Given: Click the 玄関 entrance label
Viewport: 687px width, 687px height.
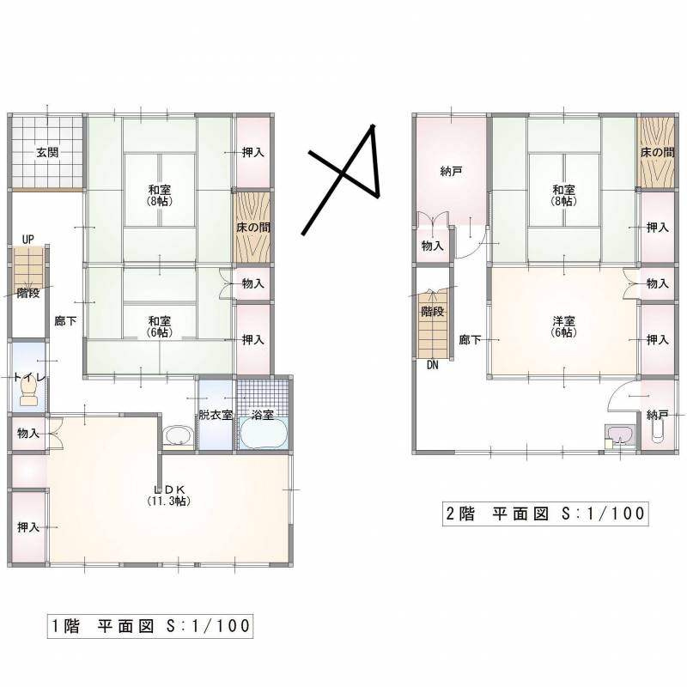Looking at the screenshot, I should click(x=47, y=153).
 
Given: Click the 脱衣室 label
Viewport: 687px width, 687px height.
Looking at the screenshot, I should click(x=215, y=415).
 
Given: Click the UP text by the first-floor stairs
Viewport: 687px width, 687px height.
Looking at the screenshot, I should click(x=28, y=238).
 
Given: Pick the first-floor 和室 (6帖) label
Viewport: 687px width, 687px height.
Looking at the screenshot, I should click(x=158, y=326).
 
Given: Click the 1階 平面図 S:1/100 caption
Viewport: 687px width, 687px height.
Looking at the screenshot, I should click(x=149, y=625).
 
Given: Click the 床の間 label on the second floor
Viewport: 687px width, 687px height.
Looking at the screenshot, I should click(x=657, y=152).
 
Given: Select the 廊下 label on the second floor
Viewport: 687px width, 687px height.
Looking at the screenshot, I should click(x=469, y=339).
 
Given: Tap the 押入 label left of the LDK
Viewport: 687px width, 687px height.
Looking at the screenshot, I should click(x=28, y=526).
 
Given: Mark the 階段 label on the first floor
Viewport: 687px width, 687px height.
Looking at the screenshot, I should click(x=28, y=292).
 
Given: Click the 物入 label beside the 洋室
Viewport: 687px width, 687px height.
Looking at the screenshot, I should click(x=657, y=283).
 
